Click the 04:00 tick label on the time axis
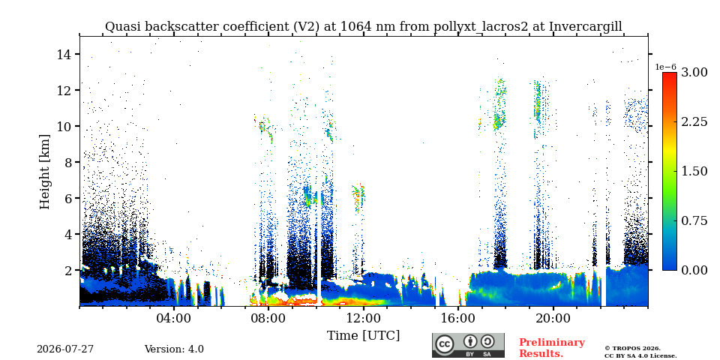(x=175, y=318)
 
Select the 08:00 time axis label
(x=269, y=318)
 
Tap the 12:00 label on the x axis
(x=364, y=318)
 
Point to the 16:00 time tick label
(x=458, y=318)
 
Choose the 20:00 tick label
(x=553, y=318)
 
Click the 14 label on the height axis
(x=63, y=54)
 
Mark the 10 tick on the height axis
(x=63, y=126)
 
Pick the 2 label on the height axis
(x=67, y=271)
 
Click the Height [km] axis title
(x=44, y=172)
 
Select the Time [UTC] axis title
(x=363, y=336)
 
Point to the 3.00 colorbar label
(x=694, y=73)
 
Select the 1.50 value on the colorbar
(x=694, y=171)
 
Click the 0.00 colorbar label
(x=694, y=270)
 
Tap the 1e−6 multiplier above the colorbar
(x=666, y=67)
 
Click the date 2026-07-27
(x=65, y=349)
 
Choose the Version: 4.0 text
(x=174, y=349)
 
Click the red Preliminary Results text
(x=552, y=347)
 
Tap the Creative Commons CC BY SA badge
(x=468, y=345)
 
